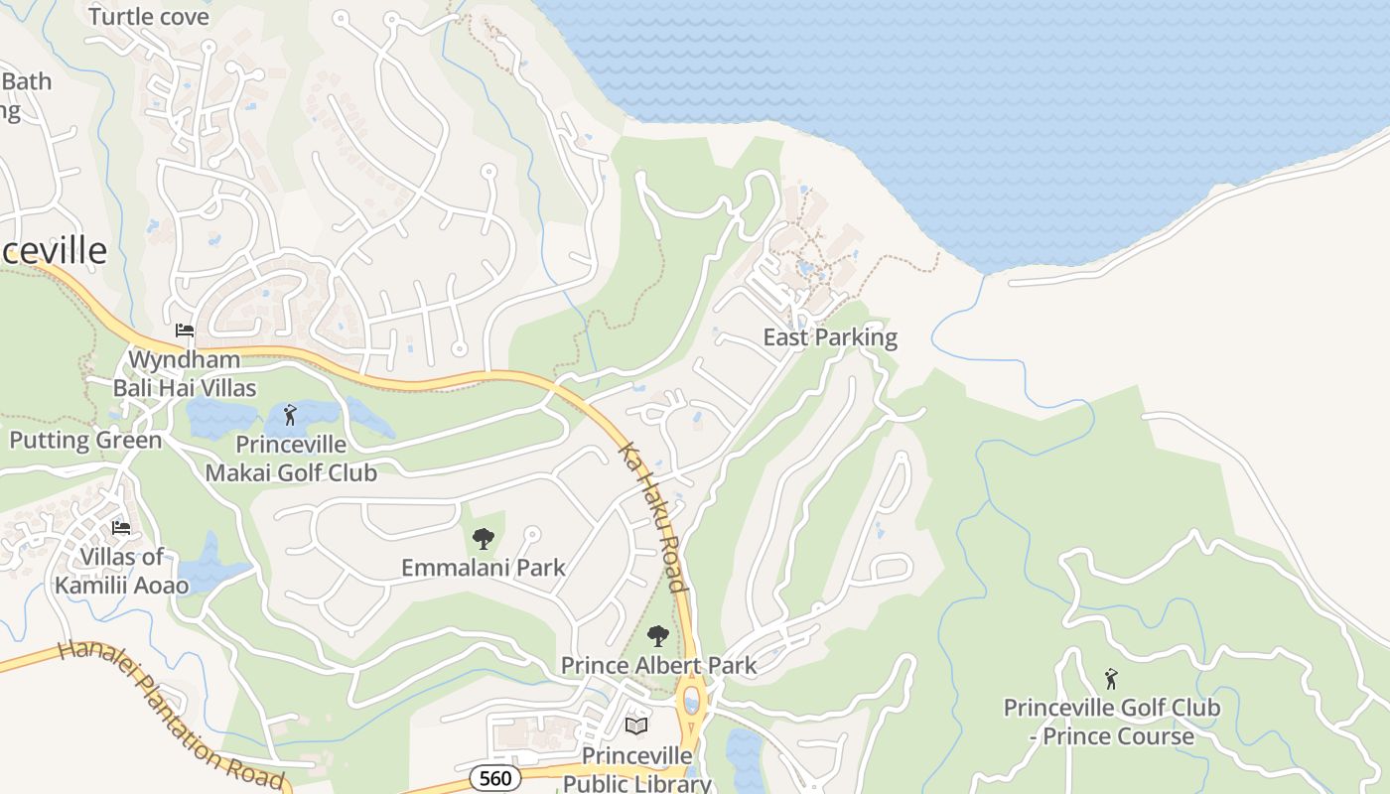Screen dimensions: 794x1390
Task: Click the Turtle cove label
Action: pyautogui.click(x=149, y=17)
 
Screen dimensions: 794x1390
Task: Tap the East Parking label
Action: pyautogui.click(x=829, y=337)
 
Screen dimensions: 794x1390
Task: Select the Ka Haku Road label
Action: pyautogui.click(x=654, y=517)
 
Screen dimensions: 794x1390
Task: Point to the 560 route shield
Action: pyautogui.click(x=494, y=777)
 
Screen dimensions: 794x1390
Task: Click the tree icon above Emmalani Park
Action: pyautogui.click(x=484, y=539)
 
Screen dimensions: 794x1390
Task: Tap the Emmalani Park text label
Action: pyautogui.click(x=484, y=568)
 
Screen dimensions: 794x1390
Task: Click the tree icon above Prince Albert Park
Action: pyautogui.click(x=657, y=636)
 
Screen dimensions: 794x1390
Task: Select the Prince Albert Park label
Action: pyautogui.click(x=658, y=665)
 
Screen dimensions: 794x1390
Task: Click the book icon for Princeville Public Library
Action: pyautogui.click(x=636, y=727)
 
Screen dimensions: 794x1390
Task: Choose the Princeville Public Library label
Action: pyautogui.click(x=636, y=769)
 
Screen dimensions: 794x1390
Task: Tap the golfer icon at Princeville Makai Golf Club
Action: pyautogui.click(x=290, y=415)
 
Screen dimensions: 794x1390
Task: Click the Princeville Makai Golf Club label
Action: pyautogui.click(x=291, y=458)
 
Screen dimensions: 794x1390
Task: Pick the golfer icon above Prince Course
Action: pyautogui.click(x=1111, y=679)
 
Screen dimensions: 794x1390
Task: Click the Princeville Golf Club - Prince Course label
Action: pyautogui.click(x=1111, y=722)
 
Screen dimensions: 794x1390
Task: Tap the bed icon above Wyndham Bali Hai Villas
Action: pyautogui.click(x=185, y=331)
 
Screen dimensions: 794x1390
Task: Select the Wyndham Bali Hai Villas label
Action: pyautogui.click(x=185, y=373)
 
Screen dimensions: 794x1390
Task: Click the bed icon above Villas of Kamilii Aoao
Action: pyautogui.click(x=121, y=527)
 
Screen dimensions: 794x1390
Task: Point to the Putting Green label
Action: pyautogui.click(x=85, y=440)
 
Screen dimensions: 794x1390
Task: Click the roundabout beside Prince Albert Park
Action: pyautogui.click(x=691, y=703)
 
